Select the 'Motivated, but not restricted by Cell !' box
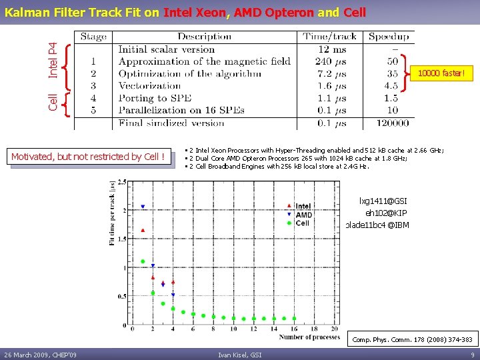[87, 157]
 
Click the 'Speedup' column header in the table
[389, 37]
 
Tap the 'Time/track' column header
[329, 37]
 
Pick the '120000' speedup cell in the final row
[392, 123]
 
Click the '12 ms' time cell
[333, 49]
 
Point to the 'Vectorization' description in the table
[149, 86]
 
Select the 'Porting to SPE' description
[154, 98]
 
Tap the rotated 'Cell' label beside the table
[53, 101]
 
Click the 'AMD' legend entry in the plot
[303, 215]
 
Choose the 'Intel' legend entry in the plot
[303, 206]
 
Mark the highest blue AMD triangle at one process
[143, 207]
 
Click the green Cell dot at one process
[143, 261]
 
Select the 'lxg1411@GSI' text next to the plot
[383, 201]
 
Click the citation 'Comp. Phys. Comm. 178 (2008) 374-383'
[413, 339]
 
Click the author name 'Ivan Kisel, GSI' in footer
[239, 354]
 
